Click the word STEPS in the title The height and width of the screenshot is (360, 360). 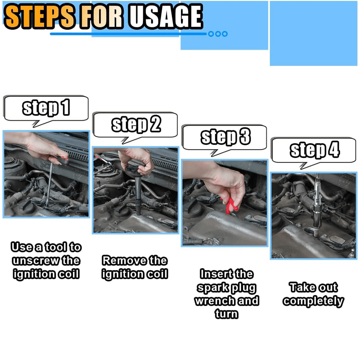click(40, 17)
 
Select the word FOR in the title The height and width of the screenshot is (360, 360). click(102, 17)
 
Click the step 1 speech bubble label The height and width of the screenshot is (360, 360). click(46, 107)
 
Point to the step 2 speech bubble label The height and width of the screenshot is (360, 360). click(136, 124)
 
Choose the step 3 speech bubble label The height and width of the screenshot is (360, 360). click(225, 137)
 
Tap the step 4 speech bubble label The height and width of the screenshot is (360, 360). click(315, 150)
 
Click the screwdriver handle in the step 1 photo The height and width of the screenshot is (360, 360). click(60, 160)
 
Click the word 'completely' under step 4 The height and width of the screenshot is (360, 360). click(313, 301)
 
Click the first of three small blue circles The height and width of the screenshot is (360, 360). click(211, 34)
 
